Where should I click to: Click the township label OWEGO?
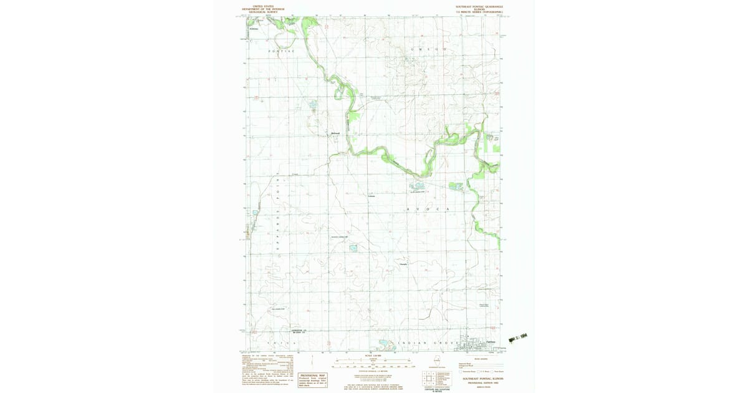pos(428,49)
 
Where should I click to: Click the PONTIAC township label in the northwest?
pos(281,51)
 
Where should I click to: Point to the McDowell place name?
pos(335,133)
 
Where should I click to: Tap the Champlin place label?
pos(403,264)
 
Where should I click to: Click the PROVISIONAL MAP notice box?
pos(312,378)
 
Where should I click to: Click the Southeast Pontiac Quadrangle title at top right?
pos(479,9)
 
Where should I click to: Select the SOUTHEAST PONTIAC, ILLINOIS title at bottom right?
pos(482,379)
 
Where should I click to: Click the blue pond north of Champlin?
pos(353,248)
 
